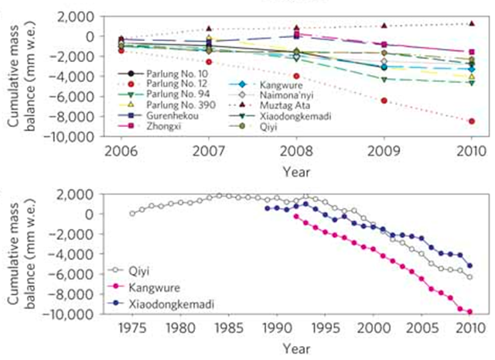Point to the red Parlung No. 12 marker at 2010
[472, 122]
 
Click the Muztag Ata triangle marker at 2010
[472, 24]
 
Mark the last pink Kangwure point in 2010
[469, 312]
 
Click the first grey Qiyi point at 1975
[131, 214]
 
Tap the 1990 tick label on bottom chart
[276, 328]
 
